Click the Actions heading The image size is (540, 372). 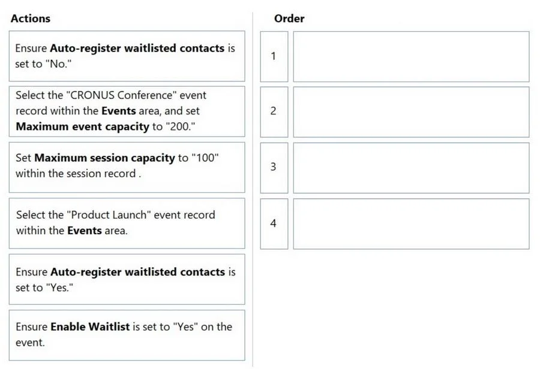[31, 18]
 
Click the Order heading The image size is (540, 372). [289, 18]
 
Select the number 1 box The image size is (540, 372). [274, 56]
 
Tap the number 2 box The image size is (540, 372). [274, 112]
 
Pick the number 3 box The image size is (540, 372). [274, 168]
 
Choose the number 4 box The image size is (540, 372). [274, 223]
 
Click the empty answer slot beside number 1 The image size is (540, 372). [411, 56]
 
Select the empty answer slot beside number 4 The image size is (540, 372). [411, 223]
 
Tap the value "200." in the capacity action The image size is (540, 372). [180, 126]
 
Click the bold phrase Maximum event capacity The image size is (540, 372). [83, 126]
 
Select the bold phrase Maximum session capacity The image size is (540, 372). [104, 158]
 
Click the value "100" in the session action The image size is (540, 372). [205, 158]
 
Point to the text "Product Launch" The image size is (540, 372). [109, 215]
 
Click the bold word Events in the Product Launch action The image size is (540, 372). [85, 231]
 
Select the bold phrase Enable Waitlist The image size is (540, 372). [90, 326]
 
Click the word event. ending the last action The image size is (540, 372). [31, 343]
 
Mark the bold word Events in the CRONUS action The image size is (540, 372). [118, 111]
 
